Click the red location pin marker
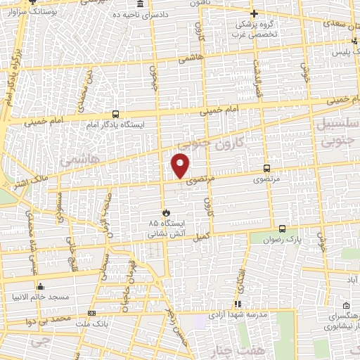tap(181, 165)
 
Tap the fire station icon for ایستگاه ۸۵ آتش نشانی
tap(167, 212)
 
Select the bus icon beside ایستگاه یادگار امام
tap(115, 114)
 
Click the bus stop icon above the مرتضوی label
tap(266, 168)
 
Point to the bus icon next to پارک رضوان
tap(282, 229)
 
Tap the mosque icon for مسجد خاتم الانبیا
tap(40, 286)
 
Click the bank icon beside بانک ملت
tap(91, 313)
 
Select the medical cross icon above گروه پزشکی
tap(255, 13)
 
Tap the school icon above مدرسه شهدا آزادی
tap(238, 304)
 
